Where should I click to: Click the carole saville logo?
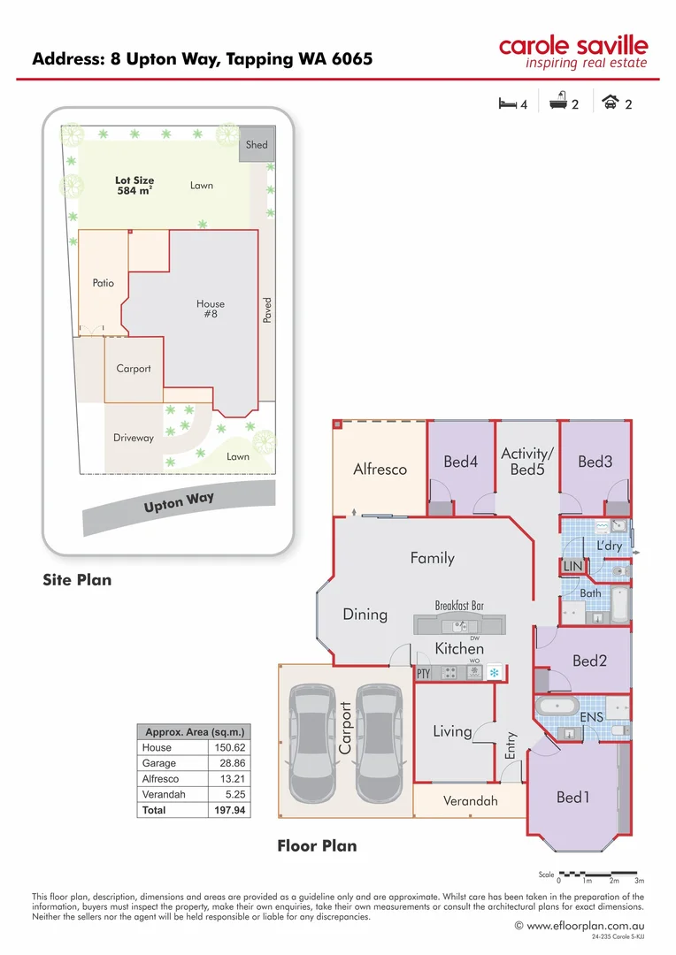click(x=572, y=52)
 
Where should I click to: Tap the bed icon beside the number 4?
click(x=507, y=103)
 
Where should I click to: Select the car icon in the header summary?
click(x=610, y=103)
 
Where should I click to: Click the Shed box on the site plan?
click(x=256, y=144)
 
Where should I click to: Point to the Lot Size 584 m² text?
click(x=134, y=185)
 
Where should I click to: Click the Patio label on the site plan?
click(x=103, y=283)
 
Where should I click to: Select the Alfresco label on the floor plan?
click(x=380, y=470)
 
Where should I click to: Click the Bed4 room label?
click(x=460, y=462)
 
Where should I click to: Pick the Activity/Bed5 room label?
click(x=526, y=462)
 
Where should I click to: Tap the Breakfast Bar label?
click(x=458, y=606)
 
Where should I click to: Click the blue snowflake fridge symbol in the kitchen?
click(x=495, y=673)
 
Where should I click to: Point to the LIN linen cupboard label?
click(x=572, y=565)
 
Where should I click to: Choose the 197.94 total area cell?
click(x=228, y=809)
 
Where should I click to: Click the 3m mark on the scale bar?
click(x=639, y=881)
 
